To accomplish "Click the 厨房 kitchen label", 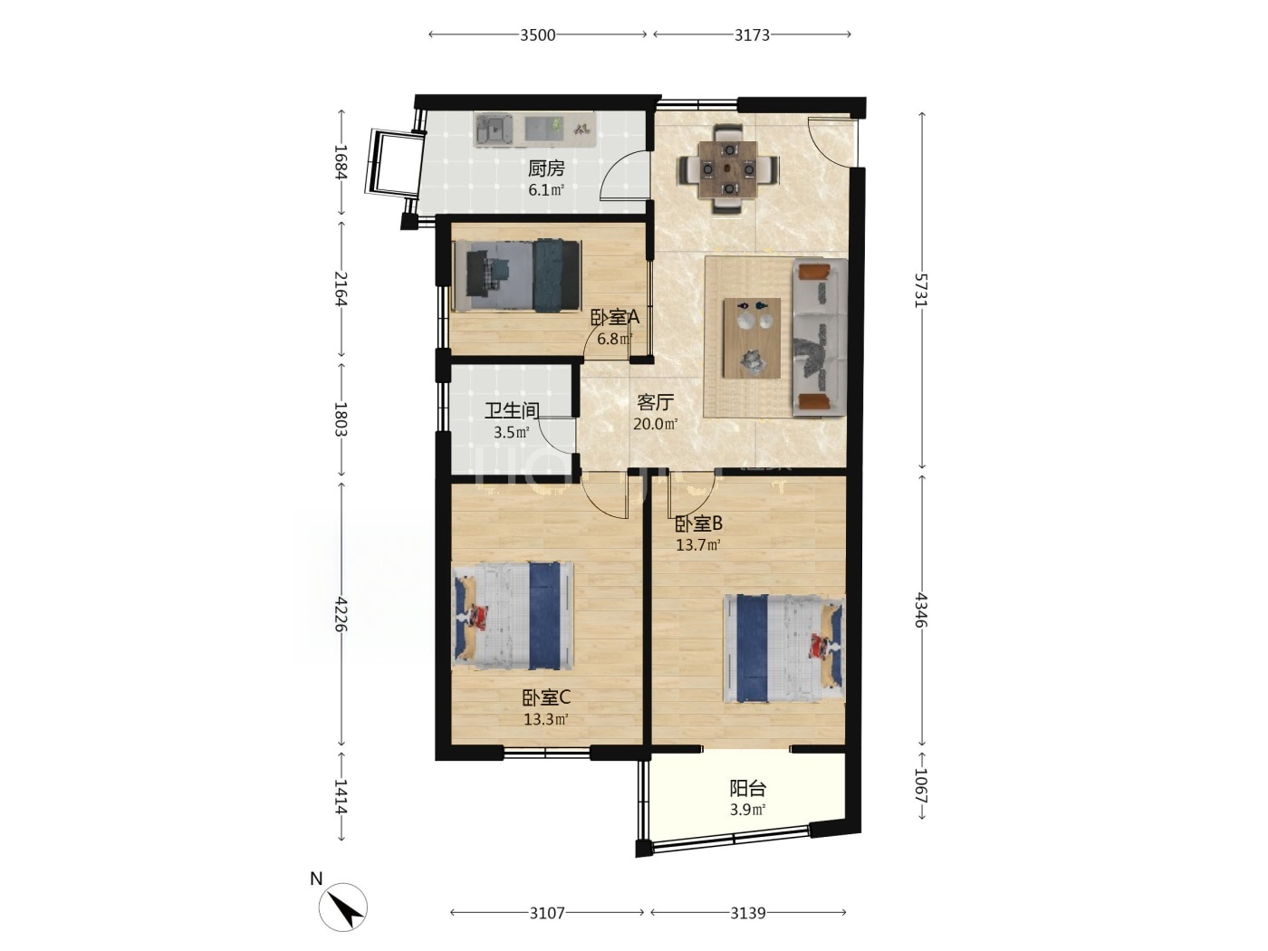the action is pos(546,168).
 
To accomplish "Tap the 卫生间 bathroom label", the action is pos(511,411).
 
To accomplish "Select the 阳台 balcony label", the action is pos(748,788).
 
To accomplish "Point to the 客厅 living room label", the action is pos(655,402).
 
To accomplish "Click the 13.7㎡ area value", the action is pos(698,544).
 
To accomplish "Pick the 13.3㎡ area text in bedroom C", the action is pos(546,719).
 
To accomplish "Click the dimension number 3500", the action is pos(537,35).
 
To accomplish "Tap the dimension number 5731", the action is pos(921,290).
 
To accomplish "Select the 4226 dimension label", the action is pos(341,614).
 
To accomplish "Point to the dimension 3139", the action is pos(748,913).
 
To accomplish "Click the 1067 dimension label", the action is pos(921,785).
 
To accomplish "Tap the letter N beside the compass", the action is pos(316,879).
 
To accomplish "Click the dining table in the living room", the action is pos(728,169).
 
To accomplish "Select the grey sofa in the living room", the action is pos(820,337).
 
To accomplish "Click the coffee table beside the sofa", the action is pos(752,338).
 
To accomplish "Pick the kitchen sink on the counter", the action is pos(494,130).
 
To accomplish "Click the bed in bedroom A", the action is pos(517,275).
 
